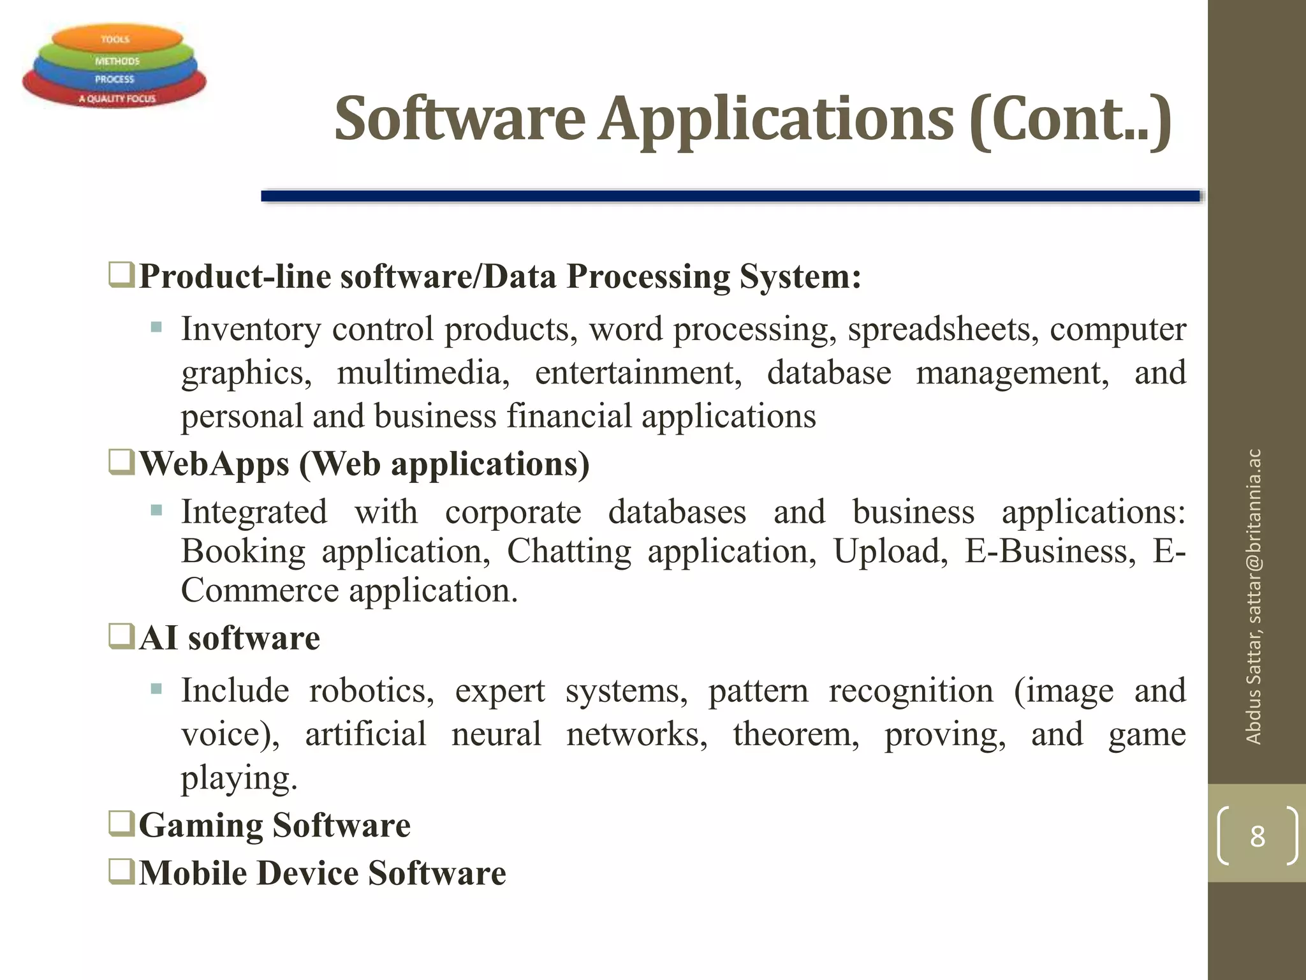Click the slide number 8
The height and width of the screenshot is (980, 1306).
click(1257, 836)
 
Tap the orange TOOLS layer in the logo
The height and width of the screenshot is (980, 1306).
click(115, 39)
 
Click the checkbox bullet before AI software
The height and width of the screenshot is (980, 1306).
click(121, 636)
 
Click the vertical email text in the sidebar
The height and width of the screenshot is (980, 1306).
click(1254, 597)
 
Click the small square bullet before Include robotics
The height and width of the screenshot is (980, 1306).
click(156, 689)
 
